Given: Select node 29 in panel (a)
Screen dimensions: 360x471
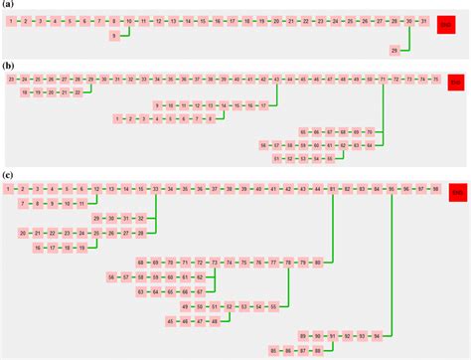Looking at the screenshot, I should click(394, 50).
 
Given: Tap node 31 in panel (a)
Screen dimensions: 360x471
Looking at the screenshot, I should click(424, 20).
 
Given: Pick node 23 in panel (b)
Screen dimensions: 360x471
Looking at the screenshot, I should click(10, 78).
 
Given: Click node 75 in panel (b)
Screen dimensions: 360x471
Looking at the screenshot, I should click(434, 78).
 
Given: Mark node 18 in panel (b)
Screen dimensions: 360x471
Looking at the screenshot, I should click(24, 91).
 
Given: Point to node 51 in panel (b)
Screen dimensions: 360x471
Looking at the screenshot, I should click(276, 157).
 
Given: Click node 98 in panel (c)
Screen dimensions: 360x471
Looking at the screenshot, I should click(435, 187).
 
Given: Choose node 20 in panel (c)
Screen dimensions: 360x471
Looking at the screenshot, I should click(24, 233).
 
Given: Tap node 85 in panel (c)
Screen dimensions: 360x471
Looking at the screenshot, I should click(274, 351).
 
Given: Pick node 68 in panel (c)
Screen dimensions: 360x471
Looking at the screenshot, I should click(141, 262).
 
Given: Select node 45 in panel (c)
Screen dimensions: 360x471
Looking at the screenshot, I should click(171, 321).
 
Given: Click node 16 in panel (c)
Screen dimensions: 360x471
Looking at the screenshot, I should click(39, 247).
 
